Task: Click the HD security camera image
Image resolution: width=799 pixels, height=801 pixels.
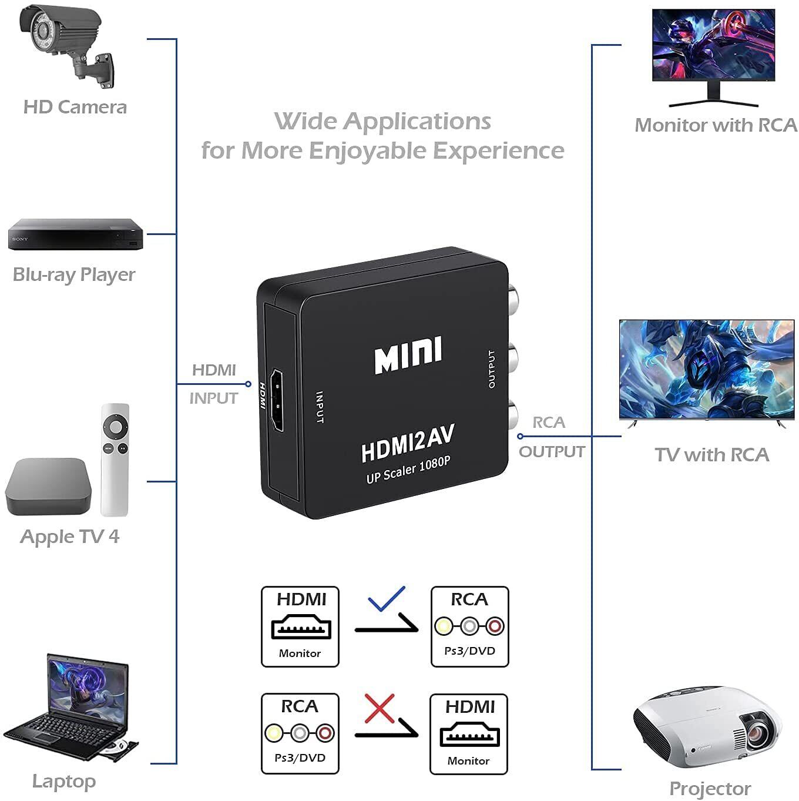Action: click(66, 46)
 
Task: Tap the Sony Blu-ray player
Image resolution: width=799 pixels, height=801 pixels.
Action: click(75, 234)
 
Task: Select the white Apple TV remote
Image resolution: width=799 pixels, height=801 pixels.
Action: click(115, 460)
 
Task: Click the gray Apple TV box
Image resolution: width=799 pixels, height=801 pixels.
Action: click(48, 487)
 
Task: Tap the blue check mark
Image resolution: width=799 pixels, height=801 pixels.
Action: click(387, 599)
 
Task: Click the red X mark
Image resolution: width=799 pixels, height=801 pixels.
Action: click(380, 709)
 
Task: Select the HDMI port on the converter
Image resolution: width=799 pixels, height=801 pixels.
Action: click(277, 400)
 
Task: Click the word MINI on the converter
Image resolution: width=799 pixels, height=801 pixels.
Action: click(408, 356)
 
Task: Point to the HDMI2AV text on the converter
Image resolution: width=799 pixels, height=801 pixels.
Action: click(408, 443)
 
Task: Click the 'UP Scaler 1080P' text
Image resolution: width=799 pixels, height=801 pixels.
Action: click(408, 470)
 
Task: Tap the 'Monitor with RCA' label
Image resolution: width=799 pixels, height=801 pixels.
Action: click(716, 125)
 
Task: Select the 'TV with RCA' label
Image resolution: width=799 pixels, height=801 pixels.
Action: click(711, 455)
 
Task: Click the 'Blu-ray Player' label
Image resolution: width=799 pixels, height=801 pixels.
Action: click(74, 275)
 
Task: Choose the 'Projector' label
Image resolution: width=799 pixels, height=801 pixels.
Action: click(710, 789)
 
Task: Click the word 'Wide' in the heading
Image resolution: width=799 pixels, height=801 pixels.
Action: click(305, 122)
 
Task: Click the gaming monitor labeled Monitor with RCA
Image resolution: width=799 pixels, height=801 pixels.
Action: click(713, 58)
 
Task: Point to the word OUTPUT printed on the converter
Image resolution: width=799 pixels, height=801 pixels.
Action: click(491, 369)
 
